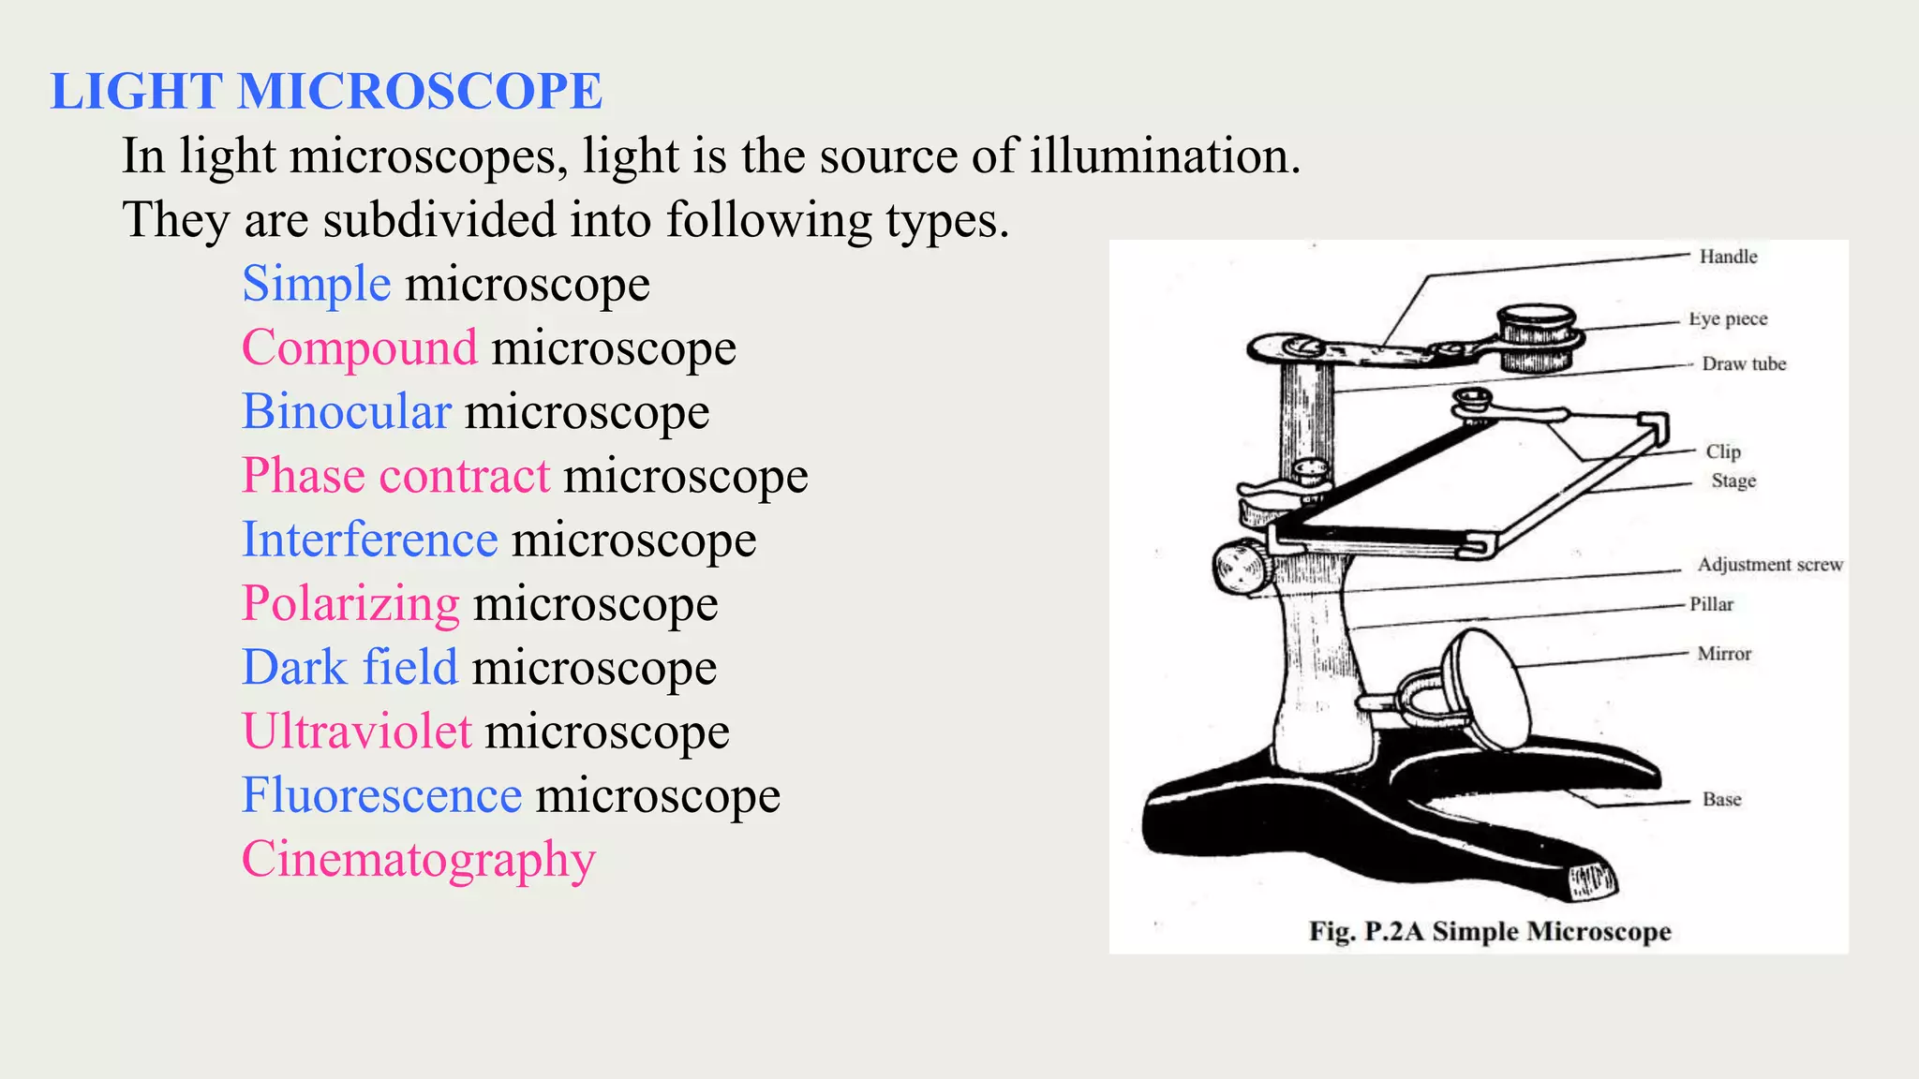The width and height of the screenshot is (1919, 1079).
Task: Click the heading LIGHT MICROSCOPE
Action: coord(326,92)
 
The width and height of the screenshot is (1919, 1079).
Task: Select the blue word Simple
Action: coord(317,284)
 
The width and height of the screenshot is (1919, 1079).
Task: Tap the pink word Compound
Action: coord(360,348)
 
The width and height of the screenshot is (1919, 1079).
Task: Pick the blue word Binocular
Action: coord(347,412)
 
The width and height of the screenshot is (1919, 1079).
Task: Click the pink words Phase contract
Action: coord(395,476)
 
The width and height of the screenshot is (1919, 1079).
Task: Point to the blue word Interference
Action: coord(370,539)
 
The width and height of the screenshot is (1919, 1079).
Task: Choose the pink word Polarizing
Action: coord(350,603)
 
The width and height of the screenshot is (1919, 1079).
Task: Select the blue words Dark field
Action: coord(350,668)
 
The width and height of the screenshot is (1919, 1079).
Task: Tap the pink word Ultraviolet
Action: coord(357,732)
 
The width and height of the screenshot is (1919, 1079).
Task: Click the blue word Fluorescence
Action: coord(381,795)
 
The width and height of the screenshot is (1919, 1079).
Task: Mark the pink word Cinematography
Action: coord(419,860)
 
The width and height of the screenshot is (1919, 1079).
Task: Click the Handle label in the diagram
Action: coord(1728,257)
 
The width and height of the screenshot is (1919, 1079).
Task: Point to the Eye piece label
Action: coord(1728,318)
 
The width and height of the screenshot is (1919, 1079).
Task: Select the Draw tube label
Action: coord(1744,363)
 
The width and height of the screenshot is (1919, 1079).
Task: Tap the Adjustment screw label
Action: coord(1770,565)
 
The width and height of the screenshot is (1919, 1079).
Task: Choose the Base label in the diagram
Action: coord(1721,799)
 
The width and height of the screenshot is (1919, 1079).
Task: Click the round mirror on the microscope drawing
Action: coord(1485,691)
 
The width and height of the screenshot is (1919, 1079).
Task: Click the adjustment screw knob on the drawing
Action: coord(1239,568)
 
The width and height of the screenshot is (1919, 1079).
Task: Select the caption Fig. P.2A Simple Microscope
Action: coord(1490,931)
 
